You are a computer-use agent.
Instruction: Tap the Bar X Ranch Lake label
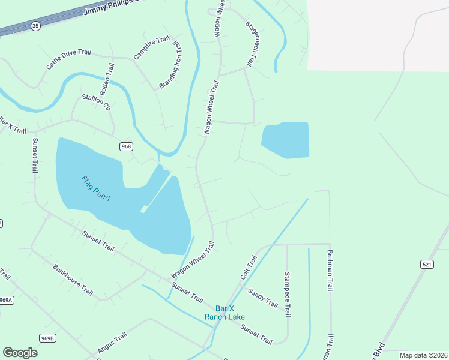pyautogui.click(x=224, y=313)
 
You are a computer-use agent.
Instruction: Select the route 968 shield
pyautogui.click(x=126, y=146)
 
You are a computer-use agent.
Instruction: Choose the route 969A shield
pyautogui.click(x=6, y=300)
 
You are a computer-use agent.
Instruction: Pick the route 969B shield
pyautogui.click(x=48, y=338)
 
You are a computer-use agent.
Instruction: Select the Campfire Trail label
pyautogui.click(x=152, y=48)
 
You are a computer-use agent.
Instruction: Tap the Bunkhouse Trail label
pyautogui.click(x=73, y=280)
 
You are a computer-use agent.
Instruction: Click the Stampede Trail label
pyautogui.click(x=288, y=294)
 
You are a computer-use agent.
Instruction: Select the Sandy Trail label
pyautogui.click(x=263, y=299)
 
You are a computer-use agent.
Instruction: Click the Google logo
pyautogui.click(x=20, y=353)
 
